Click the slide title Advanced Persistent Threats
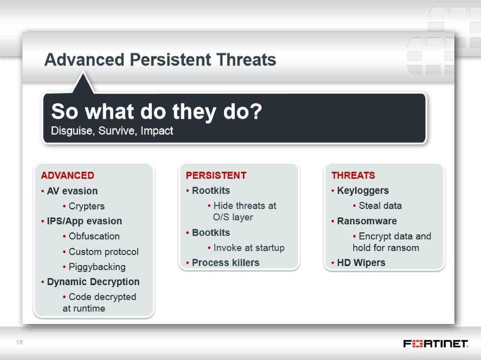pos(160,60)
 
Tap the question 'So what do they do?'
pos(157,112)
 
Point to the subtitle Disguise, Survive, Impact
pos(112,131)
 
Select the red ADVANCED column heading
pos(68,175)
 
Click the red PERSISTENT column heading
pos(216,175)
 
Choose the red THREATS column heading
pos(353,175)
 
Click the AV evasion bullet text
pos(72,191)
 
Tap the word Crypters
pos(86,207)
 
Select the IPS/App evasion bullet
pos(84,221)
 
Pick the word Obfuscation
pos(94,236)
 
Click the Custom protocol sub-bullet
pos(104,252)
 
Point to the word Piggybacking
pos(97,267)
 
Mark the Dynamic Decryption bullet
pos(93,282)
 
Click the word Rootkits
pos(211,191)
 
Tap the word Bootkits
pos(211,233)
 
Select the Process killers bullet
pos(226,263)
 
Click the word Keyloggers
pos(363,191)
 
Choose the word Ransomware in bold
pos(367,221)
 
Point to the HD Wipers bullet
pos(361,263)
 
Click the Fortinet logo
pos(435,344)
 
